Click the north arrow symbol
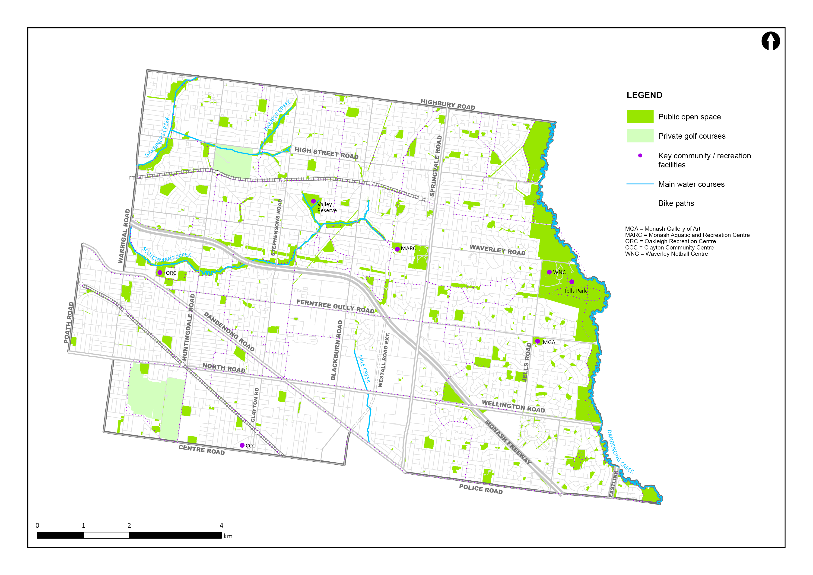tap(771, 41)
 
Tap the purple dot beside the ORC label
tap(160, 272)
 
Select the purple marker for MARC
tap(397, 249)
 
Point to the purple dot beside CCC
tap(242, 445)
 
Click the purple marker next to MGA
tap(537, 341)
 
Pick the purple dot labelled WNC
tap(549, 272)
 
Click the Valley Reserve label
tap(327, 207)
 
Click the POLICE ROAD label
tap(481, 489)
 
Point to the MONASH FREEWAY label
tap(508, 442)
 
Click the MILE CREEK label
tap(364, 369)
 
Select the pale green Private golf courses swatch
tap(640, 136)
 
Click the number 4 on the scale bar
tap(221, 525)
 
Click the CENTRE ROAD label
tap(201, 450)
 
